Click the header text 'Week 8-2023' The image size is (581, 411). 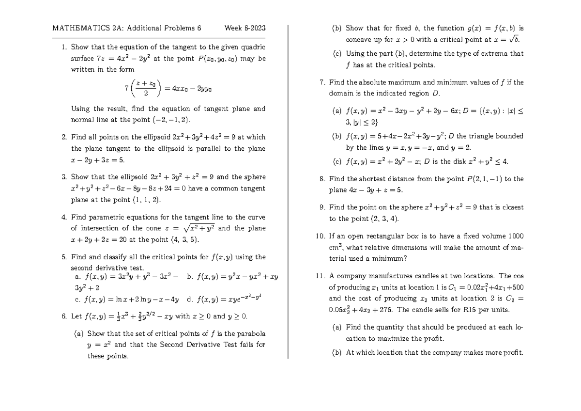click(x=245, y=28)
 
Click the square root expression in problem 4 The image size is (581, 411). click(x=200, y=228)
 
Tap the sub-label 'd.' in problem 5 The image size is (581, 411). click(x=190, y=299)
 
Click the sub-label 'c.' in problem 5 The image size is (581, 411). click(x=78, y=299)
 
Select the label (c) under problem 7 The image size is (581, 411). click(x=337, y=161)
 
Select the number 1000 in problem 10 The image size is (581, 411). click(x=515, y=236)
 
